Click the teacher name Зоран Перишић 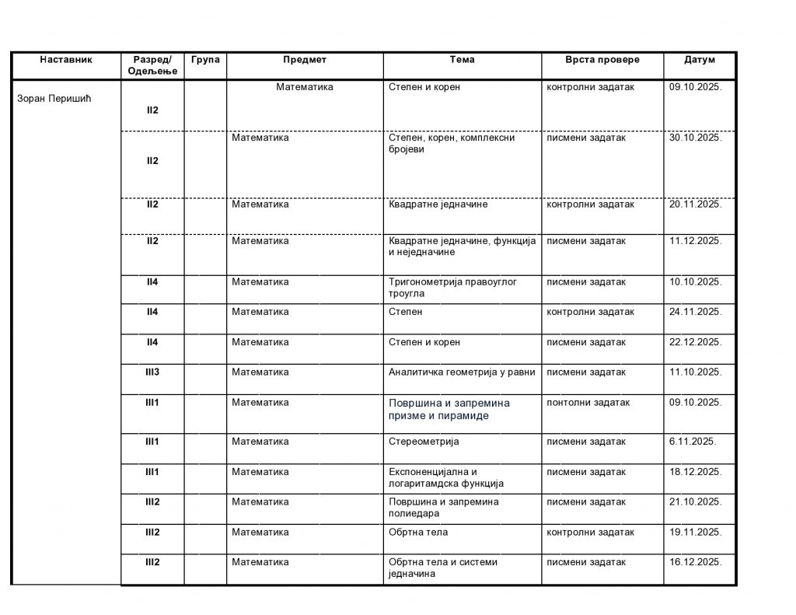(x=54, y=98)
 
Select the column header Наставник (x=66, y=60)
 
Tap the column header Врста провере (x=602, y=60)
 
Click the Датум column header (x=700, y=60)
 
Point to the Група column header (x=205, y=60)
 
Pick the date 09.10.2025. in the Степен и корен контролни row (x=696, y=87)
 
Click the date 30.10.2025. (x=696, y=138)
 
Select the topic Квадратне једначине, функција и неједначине (x=462, y=246)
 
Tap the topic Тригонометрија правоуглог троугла (x=452, y=287)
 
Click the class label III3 (x=152, y=372)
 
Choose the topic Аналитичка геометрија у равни (x=462, y=372)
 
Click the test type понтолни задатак (x=588, y=403)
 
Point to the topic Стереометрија (x=424, y=442)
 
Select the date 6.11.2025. (x=693, y=442)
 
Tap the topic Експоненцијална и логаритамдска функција (x=446, y=477)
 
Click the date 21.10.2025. (x=696, y=502)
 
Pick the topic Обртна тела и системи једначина (x=442, y=568)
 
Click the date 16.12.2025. (x=696, y=562)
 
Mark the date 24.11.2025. (x=696, y=312)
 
